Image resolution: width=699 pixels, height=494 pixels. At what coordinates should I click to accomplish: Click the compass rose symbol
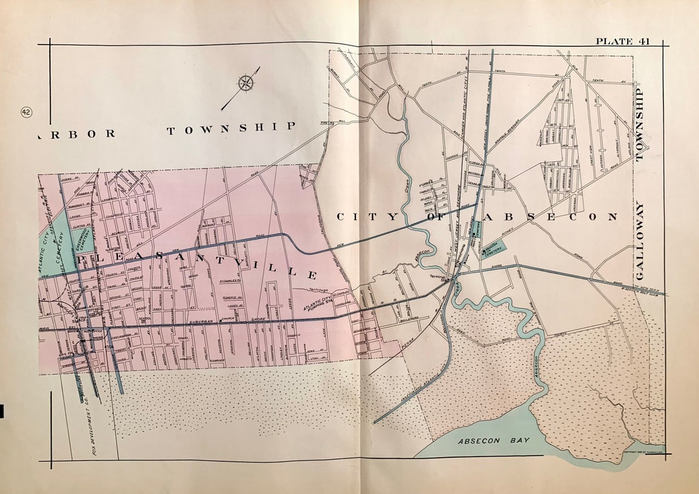click(x=247, y=83)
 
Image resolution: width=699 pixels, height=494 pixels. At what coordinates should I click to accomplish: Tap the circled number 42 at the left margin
click(x=27, y=112)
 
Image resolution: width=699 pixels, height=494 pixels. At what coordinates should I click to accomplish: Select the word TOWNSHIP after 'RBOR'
click(x=231, y=128)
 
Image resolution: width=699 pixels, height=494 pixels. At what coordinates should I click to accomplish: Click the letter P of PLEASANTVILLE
click(x=83, y=259)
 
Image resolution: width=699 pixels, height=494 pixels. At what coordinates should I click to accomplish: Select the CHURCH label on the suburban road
click(x=228, y=319)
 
